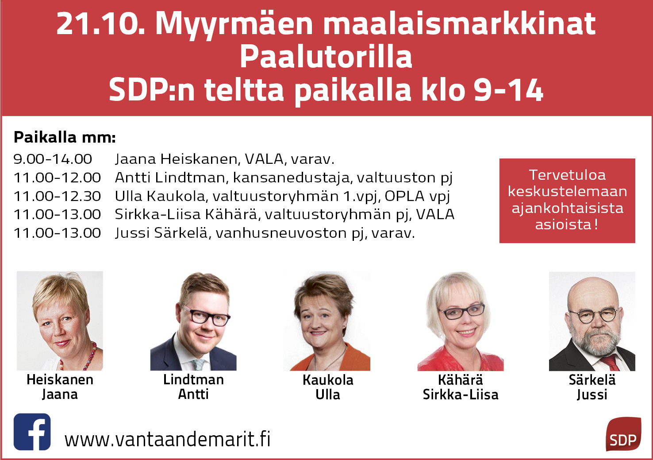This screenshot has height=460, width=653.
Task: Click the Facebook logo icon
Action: [32, 432]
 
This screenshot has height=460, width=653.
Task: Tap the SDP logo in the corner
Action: [623, 434]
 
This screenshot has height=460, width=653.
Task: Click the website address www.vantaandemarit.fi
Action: [167, 440]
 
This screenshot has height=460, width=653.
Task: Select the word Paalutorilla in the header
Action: [326, 57]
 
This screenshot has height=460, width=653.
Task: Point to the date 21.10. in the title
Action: [100, 24]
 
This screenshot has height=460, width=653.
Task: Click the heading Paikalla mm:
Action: [65, 137]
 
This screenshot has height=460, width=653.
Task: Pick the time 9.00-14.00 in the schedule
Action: [53, 159]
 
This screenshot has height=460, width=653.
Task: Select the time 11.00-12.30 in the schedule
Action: [57, 196]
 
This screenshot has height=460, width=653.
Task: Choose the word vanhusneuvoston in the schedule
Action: [281, 233]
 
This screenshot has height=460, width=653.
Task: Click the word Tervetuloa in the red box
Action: [567, 175]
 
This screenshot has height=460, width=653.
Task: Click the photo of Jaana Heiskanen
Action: [60, 321]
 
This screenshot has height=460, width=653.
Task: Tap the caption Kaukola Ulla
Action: [328, 387]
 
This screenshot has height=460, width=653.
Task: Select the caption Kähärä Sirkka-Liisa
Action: [461, 387]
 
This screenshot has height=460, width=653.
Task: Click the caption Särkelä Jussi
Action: [592, 387]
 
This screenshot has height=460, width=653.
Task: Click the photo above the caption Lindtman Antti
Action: [193, 321]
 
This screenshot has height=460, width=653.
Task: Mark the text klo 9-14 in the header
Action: [482, 90]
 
